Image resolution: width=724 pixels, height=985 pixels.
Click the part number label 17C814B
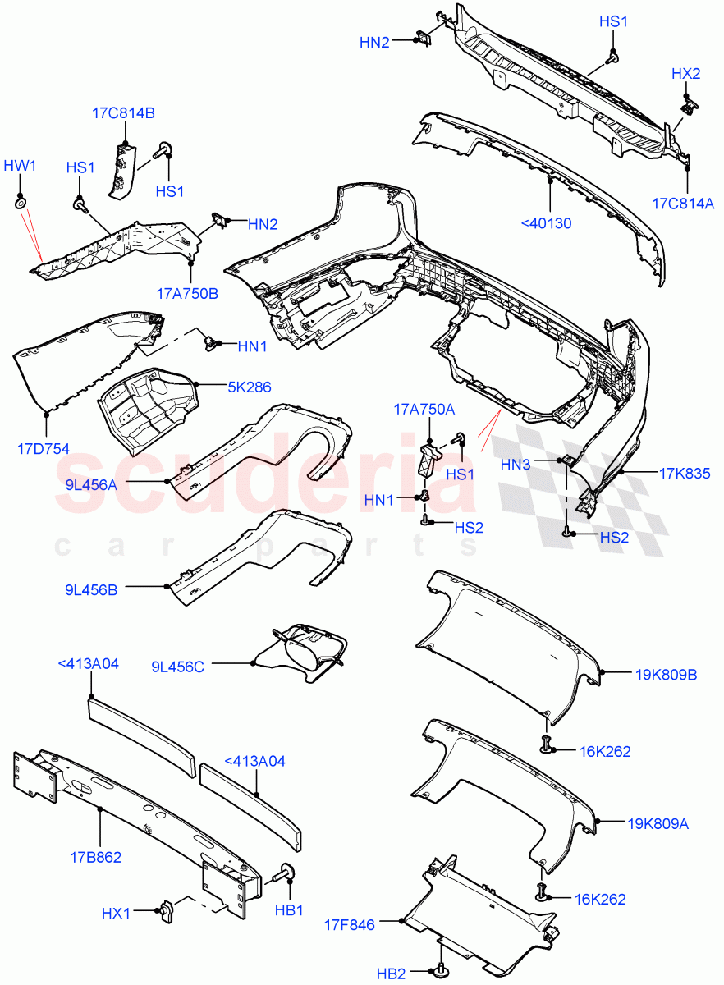click(x=122, y=113)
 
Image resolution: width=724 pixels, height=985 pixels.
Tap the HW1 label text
click(x=21, y=166)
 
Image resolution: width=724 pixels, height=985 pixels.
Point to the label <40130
click(x=547, y=222)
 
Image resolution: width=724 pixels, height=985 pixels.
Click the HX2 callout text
click(x=685, y=73)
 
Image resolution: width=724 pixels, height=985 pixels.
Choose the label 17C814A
click(x=684, y=203)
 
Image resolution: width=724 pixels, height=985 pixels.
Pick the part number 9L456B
click(x=91, y=589)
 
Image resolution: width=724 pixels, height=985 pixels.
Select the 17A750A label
click(x=424, y=409)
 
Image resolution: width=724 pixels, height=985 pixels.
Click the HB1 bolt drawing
click(x=288, y=873)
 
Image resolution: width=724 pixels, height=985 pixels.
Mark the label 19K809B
click(x=665, y=675)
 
